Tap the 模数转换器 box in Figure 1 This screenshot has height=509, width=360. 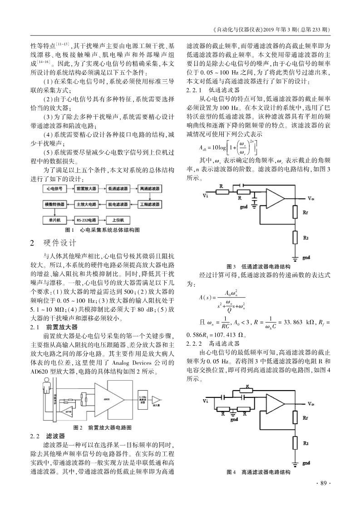[x=54, y=204]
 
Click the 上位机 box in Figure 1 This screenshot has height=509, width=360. [x=118, y=220]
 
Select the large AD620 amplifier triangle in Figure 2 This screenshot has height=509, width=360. [x=107, y=399]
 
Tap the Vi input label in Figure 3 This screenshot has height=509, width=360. [x=206, y=196]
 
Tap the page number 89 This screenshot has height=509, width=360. [x=322, y=483]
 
